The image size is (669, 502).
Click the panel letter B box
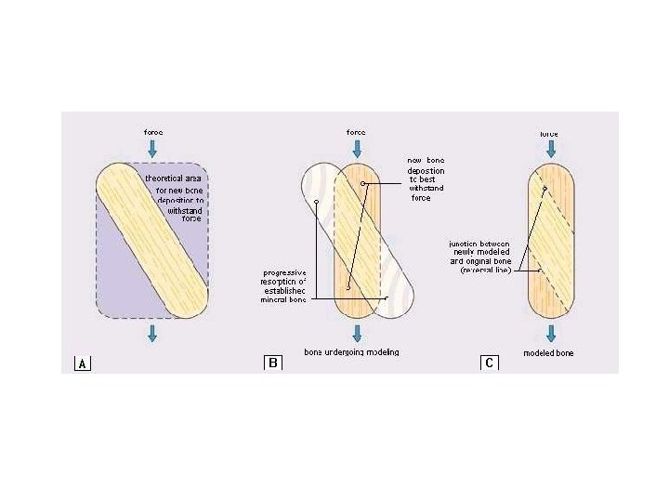click(x=273, y=363)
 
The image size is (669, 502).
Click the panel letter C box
click(x=489, y=363)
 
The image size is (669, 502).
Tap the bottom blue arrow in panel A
click(x=153, y=333)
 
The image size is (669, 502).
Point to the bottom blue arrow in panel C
click(x=550, y=333)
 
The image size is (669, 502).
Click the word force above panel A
click(x=153, y=132)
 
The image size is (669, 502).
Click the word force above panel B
click(x=356, y=132)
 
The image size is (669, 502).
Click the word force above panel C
click(x=550, y=133)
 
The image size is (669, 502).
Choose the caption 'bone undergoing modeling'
click(x=352, y=352)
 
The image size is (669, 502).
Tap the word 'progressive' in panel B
click(x=285, y=272)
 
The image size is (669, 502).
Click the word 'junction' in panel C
click(x=455, y=243)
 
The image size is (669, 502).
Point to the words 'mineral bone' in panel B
click(x=283, y=300)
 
